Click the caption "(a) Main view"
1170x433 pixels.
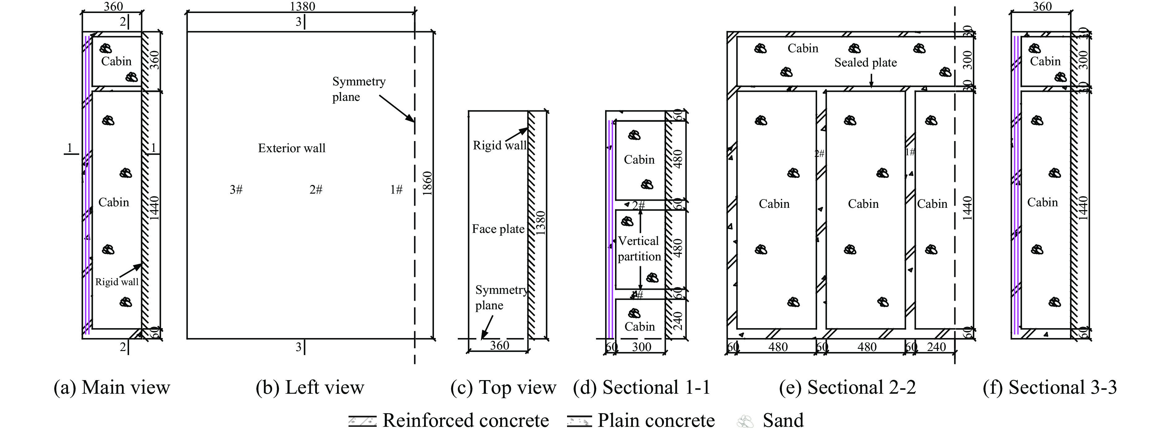[x=112, y=388]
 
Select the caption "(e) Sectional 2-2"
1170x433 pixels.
[x=847, y=388]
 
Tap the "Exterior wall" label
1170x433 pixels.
[x=292, y=148]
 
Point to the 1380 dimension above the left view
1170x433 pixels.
[x=302, y=6]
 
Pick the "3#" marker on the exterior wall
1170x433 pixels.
[x=236, y=190]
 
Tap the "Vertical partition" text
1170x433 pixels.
[x=639, y=249]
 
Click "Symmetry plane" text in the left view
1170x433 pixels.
[x=359, y=89]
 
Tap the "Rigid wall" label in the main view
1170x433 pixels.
[x=117, y=282]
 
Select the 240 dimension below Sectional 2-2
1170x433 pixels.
[x=936, y=347]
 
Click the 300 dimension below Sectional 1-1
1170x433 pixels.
[x=641, y=347]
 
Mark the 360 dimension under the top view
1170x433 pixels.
[x=499, y=346]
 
